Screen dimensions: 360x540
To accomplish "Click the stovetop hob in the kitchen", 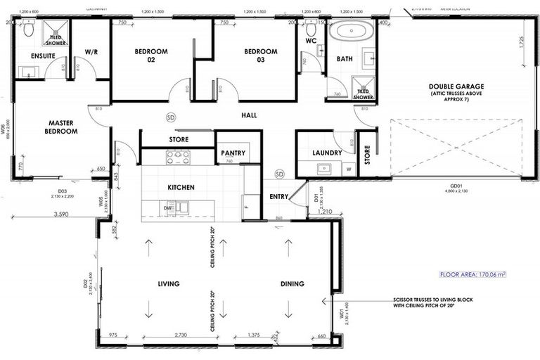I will click(x=177, y=157).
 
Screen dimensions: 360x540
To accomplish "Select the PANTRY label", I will click(x=232, y=153).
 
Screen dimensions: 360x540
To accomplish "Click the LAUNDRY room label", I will click(x=328, y=153).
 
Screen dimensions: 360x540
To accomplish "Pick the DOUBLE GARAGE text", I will click(x=457, y=86).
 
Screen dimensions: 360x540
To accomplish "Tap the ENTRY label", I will click(x=279, y=196).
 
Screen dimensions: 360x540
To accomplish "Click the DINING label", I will click(x=292, y=284).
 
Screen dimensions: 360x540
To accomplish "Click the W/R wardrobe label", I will click(x=91, y=52).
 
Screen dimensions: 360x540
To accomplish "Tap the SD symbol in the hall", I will click(x=170, y=117).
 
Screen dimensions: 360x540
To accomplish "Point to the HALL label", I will click(x=249, y=115).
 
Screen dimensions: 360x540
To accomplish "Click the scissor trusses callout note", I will click(x=432, y=302).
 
